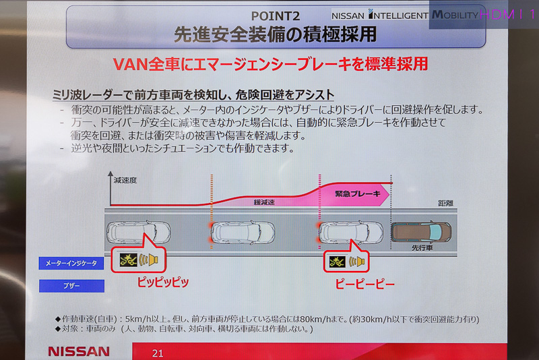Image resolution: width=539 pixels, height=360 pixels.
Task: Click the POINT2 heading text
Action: point(276,16)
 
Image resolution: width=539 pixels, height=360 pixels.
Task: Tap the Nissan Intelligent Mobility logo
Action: point(405,15)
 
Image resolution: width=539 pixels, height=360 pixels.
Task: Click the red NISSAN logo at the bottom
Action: point(79,351)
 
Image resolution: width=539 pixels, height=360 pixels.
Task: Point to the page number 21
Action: point(158,353)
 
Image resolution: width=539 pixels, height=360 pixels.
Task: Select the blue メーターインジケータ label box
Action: point(71,264)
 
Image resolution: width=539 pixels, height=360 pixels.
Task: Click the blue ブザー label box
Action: point(71,286)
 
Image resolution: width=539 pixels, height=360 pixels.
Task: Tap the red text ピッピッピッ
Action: point(163,282)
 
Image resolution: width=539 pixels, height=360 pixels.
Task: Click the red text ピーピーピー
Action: point(364,284)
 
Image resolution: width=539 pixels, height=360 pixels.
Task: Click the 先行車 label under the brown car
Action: point(422,247)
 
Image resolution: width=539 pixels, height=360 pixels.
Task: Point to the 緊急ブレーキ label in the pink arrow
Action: point(358,194)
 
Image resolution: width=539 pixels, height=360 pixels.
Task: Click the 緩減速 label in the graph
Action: point(264,202)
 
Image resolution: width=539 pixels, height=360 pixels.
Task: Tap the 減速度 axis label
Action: point(125,180)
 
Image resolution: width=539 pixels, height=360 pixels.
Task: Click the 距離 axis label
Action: point(445,203)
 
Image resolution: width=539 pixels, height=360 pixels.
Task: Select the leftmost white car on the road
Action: point(139,232)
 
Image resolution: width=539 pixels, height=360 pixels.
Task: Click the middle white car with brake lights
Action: point(243,232)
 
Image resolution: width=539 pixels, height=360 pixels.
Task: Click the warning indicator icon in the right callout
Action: point(337,262)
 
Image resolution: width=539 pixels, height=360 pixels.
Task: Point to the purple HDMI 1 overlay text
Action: point(508,14)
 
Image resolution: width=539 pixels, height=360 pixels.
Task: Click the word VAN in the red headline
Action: point(130,64)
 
